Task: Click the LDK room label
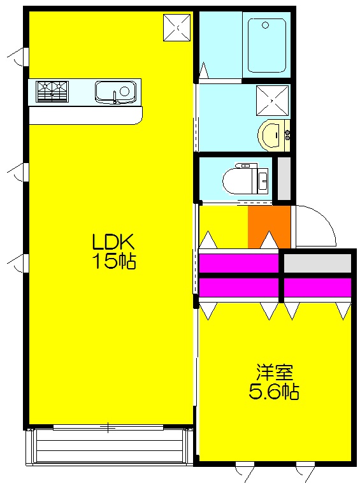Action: pos(113,241)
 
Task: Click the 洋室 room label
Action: pos(274,373)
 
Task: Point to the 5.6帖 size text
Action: pos(274,392)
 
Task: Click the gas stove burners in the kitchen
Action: pos(52,91)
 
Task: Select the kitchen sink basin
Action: pos(115,92)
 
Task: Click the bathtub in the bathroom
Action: pos(266,46)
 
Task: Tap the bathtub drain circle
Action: pos(265,25)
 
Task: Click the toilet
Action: pos(245,179)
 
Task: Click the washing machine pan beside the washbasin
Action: pos(272,101)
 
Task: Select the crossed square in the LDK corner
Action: pos(176,27)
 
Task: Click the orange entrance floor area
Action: pos(269,227)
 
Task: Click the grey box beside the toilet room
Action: pos(284,178)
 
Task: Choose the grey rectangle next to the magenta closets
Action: pos(317,263)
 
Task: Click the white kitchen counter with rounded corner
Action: pos(85,115)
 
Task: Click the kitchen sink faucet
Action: pos(116,97)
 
